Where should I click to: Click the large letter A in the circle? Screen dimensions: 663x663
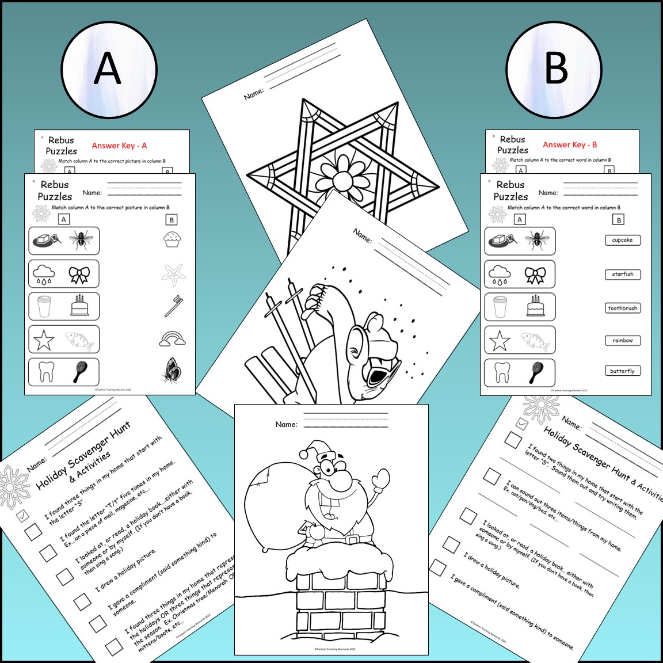coord(108,69)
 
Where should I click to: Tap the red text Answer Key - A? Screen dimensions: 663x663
coord(119,146)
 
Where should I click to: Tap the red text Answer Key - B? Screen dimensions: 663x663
coord(570,144)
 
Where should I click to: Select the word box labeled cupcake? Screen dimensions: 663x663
coord(622,240)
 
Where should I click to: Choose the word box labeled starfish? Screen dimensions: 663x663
coord(622,274)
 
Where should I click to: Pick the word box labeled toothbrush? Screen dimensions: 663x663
coord(622,308)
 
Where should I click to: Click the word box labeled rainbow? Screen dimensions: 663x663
coord(622,340)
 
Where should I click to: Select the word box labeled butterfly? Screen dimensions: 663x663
coord(622,371)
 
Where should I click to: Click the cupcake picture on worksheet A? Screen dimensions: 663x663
coord(171,239)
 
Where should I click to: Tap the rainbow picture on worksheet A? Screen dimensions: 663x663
coord(172,338)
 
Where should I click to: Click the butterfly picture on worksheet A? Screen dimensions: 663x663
coord(172,370)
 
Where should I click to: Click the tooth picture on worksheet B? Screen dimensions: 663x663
coord(502,372)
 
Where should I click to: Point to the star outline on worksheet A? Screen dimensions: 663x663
coord(44,340)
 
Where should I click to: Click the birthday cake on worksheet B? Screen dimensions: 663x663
coord(536,306)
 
